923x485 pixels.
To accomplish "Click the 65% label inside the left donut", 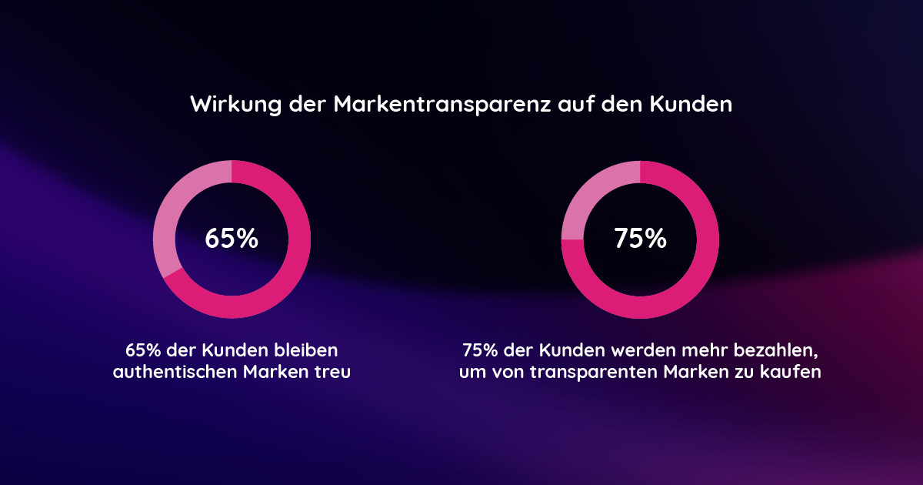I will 232,239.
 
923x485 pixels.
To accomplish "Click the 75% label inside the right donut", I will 640,239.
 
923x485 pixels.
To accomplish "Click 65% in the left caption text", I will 143,350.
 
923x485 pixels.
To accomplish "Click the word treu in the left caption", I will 334,373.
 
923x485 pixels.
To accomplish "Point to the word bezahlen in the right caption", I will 776,350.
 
